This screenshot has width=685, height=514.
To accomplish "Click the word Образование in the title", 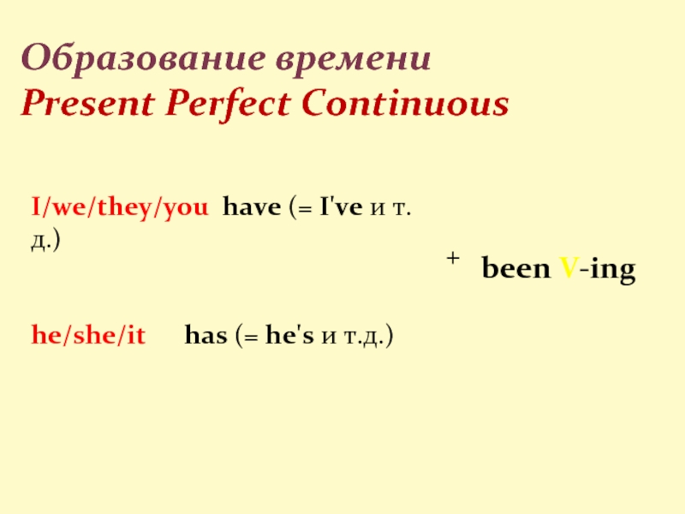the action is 143,58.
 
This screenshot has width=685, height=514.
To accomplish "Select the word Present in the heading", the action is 88,104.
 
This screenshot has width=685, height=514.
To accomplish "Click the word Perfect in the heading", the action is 228,104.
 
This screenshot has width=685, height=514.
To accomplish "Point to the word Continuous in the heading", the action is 405,103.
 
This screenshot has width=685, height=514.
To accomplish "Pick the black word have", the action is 252,206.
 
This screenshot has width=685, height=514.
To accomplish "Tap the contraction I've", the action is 341,206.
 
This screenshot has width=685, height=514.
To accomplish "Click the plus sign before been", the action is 453,259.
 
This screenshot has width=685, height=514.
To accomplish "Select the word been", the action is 516,267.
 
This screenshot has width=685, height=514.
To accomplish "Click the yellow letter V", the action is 569,268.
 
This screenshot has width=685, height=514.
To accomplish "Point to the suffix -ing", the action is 607,269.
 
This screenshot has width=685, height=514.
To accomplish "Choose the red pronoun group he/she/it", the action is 88,335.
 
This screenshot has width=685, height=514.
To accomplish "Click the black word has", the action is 206,335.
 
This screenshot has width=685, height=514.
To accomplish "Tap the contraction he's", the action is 289,335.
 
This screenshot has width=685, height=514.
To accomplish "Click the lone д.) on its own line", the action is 45,241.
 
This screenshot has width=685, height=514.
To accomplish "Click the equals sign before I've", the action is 305,209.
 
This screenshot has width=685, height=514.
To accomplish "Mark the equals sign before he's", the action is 251,338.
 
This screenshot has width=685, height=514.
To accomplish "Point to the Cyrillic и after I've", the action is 378,208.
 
